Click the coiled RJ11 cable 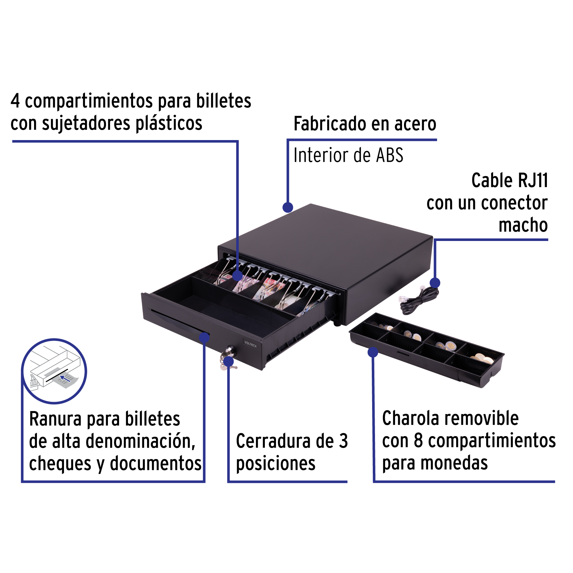coord(419,299)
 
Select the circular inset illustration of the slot coord(54,371)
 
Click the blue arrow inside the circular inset coord(65,378)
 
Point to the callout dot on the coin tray coord(373,352)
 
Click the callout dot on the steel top coord(288,207)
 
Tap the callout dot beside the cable coord(435,283)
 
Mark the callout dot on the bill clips coord(237,276)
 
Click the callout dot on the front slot coord(204,338)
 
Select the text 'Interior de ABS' coord(348,155)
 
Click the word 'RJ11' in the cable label coord(533,180)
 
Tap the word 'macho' coord(523,225)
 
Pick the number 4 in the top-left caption coord(15,101)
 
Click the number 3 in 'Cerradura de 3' coord(343,441)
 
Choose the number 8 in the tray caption coord(418,441)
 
